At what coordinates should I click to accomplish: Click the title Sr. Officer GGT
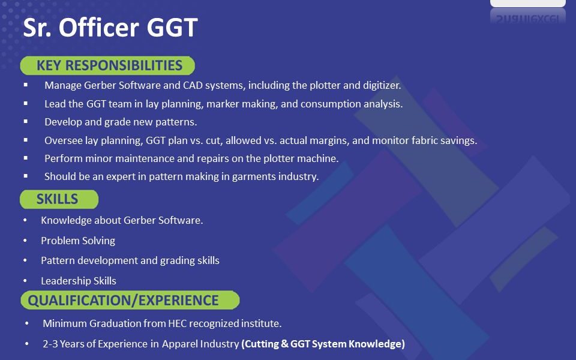pyautogui.click(x=110, y=27)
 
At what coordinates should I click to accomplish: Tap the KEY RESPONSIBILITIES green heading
pyautogui.click(x=107, y=65)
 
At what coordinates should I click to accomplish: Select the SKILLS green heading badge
pyautogui.click(x=59, y=199)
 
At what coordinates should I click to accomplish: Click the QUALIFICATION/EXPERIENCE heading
pyautogui.click(x=130, y=300)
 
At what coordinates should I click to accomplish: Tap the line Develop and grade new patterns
pyautogui.click(x=121, y=122)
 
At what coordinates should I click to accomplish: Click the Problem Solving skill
pyautogui.click(x=78, y=241)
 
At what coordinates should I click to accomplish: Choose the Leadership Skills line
pyautogui.click(x=79, y=281)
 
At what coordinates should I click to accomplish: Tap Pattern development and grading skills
pyautogui.click(x=130, y=260)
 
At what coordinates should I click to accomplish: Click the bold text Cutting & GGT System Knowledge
pyautogui.click(x=323, y=344)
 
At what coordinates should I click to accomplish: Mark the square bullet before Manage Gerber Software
pyautogui.click(x=26, y=85)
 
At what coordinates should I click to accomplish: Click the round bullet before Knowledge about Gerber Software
pyautogui.click(x=25, y=220)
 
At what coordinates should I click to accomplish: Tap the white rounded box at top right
pyautogui.click(x=528, y=4)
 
